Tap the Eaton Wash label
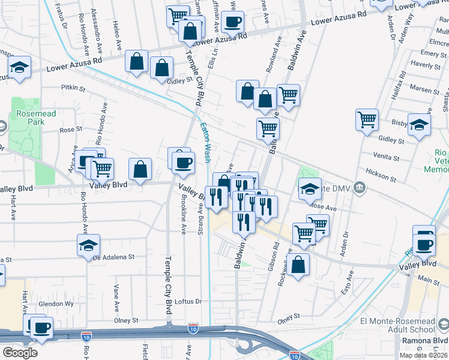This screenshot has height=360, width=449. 205,143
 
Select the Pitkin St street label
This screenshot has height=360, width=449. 74,88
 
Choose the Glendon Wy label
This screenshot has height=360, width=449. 56,304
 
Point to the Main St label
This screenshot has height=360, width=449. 429,280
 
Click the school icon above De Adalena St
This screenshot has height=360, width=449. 88,244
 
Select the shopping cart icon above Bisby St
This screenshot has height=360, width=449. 367,118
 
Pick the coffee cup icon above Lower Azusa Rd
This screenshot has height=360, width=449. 232,22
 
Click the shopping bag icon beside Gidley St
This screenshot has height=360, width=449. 161,68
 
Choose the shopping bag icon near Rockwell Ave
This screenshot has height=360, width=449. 298,265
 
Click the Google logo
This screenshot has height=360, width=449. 20,352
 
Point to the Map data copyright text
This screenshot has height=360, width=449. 423,355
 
